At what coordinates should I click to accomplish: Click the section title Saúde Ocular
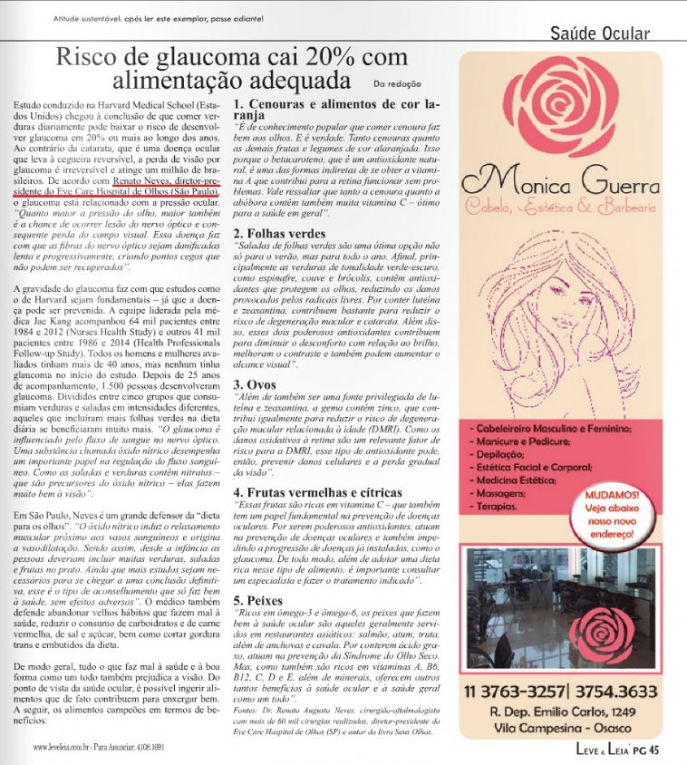coord(600,34)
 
